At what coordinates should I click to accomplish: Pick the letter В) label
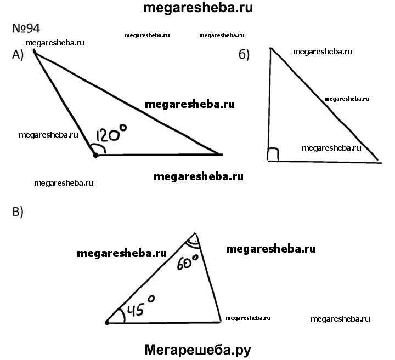(18, 213)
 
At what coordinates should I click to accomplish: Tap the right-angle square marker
(273, 155)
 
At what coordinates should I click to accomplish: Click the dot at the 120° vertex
(95, 156)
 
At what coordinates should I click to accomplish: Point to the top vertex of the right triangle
(270, 48)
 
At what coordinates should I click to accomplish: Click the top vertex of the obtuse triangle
(34, 51)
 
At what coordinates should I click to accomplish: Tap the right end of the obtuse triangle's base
(222, 155)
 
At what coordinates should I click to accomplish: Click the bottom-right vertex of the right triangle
(379, 161)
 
